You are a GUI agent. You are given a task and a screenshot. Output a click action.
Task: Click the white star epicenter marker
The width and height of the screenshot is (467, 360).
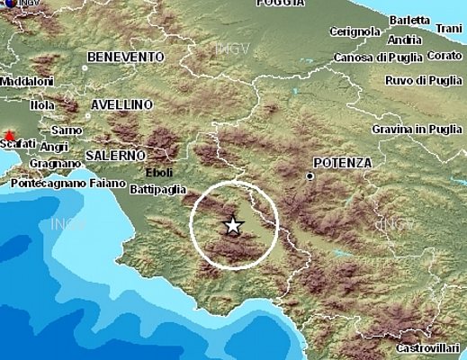point(233,225)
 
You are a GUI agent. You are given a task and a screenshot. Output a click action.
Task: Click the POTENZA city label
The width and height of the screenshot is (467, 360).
point(342,162)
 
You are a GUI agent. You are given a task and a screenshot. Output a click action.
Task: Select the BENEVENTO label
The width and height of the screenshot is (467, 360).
point(125,57)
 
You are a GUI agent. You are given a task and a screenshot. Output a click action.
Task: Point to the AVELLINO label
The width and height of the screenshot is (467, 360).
point(121,104)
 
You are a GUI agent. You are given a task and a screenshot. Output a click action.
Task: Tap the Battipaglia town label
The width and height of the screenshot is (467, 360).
point(158,189)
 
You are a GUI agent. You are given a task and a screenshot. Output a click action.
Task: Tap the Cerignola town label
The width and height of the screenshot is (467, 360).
point(355,31)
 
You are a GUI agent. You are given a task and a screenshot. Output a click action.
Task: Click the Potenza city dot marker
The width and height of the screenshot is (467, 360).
point(310,176)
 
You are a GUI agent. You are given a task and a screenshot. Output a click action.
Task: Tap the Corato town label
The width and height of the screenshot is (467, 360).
point(445,56)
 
